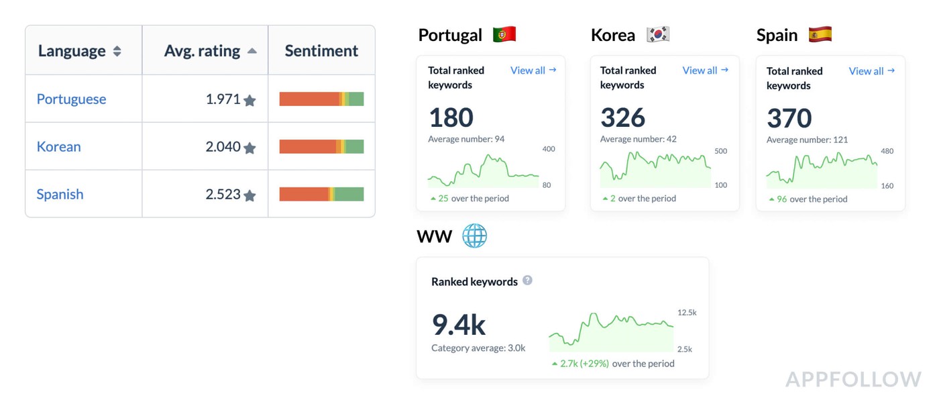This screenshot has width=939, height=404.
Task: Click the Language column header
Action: coord(72,51)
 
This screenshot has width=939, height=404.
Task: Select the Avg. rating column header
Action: coord(202,51)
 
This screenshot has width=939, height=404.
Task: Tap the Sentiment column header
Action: coord(321,51)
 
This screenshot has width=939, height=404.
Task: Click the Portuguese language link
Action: coord(71,99)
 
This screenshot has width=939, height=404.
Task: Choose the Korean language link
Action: coord(58,147)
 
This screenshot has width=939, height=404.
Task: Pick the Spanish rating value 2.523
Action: coord(223,195)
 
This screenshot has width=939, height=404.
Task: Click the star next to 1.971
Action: coord(250,101)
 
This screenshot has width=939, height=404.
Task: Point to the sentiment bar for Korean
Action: coord(321,147)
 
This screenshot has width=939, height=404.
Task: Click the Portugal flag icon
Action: coord(504,34)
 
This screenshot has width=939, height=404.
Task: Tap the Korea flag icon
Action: coord(658,34)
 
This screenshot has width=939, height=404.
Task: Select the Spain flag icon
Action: coord(820,34)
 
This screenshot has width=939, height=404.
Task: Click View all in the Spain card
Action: coord(871,71)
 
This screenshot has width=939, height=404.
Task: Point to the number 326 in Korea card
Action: coord(622,118)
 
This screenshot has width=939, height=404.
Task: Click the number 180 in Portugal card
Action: coord(451,118)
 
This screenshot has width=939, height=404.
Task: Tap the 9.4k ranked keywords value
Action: coord(459,325)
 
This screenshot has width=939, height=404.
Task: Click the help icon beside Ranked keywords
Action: coord(527,281)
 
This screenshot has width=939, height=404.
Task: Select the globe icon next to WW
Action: coord(474,236)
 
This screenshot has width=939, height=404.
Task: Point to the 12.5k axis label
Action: coord(687,313)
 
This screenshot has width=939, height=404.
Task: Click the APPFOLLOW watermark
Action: coord(853,379)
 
